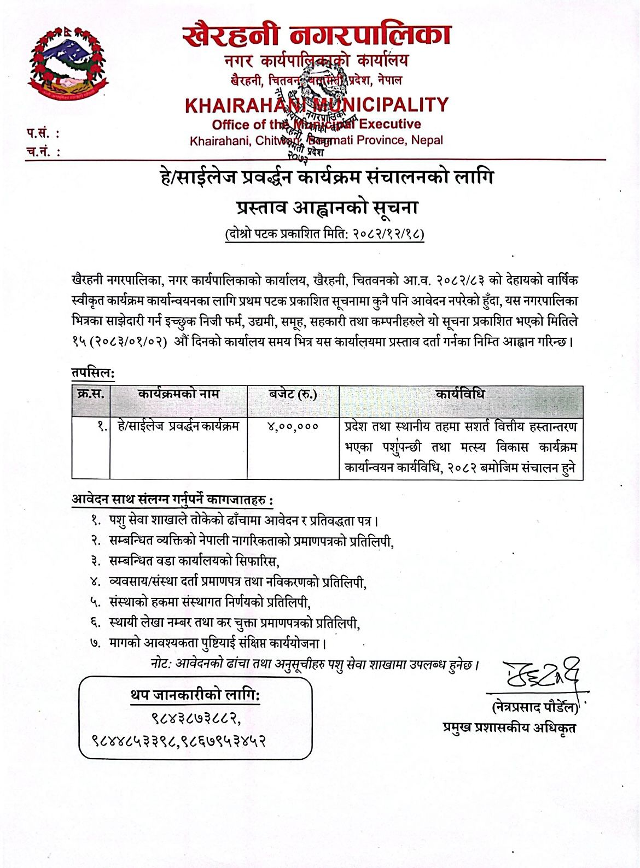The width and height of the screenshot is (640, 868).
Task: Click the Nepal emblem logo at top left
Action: [x=69, y=64]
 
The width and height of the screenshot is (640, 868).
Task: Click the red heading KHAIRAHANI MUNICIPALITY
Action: [x=316, y=105]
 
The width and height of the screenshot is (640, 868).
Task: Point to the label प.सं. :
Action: [x=43, y=133]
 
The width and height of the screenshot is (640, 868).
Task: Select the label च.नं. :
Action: [x=43, y=151]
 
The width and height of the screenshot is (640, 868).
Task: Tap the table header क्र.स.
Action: [x=91, y=394]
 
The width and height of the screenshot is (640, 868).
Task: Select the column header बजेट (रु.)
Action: [x=293, y=394]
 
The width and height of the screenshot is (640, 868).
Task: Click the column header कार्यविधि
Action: [x=460, y=394]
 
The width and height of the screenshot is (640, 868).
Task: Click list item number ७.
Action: [x=96, y=643]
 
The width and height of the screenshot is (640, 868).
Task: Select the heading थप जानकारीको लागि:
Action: [x=195, y=695]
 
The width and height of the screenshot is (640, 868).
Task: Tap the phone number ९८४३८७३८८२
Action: [x=196, y=717]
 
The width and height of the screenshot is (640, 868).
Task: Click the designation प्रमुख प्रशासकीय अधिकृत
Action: [x=509, y=728]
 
